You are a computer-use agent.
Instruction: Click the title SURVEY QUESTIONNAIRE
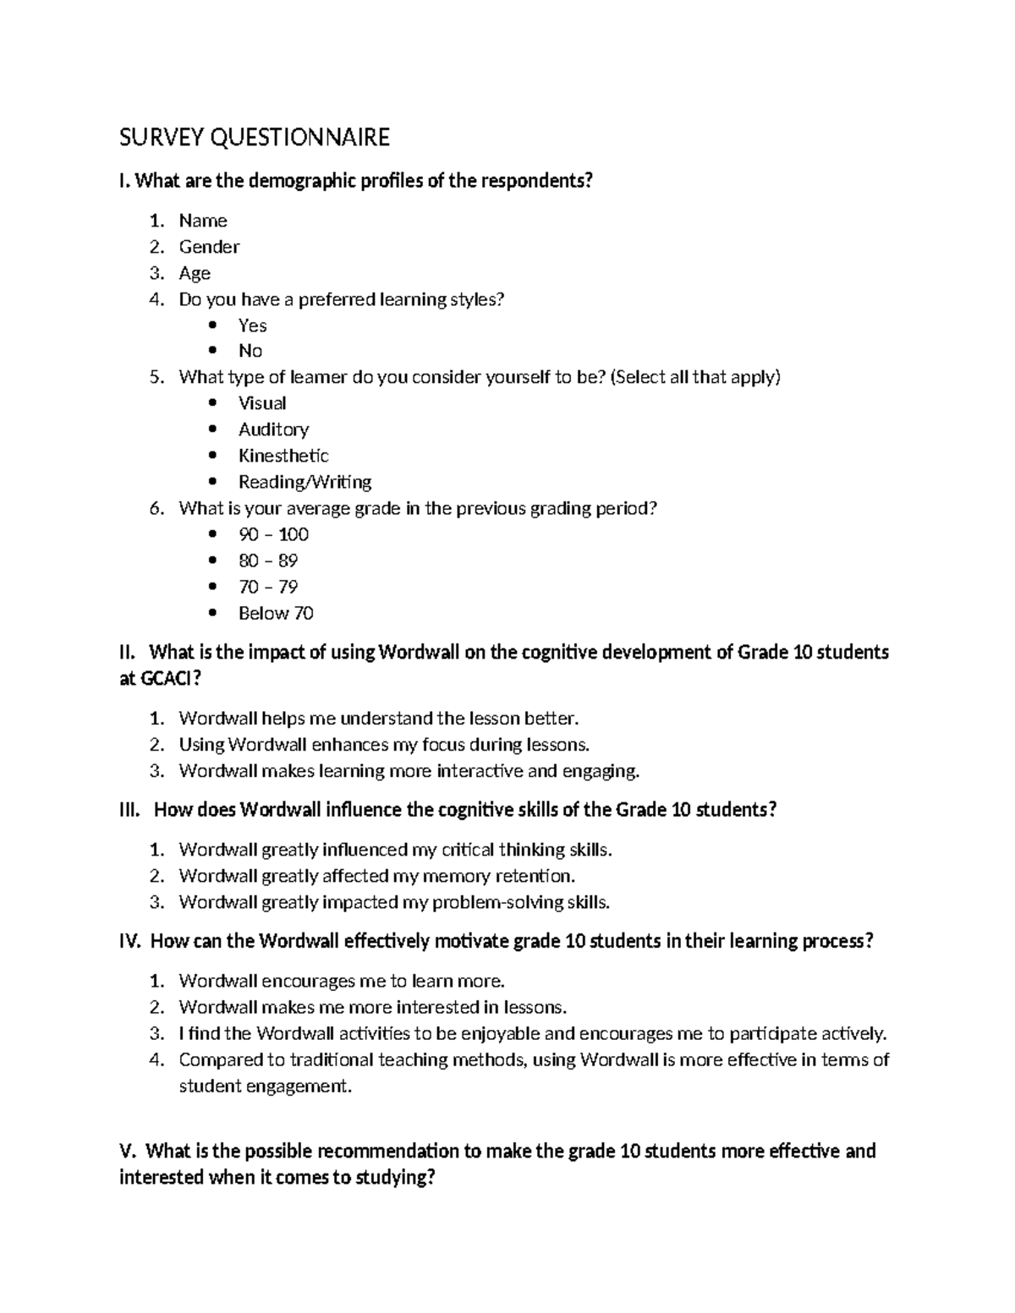tap(255, 137)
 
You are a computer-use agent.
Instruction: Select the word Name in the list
tap(203, 221)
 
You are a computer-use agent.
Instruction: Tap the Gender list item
tap(209, 247)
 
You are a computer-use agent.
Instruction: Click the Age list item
tap(195, 273)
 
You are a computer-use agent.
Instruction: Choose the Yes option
tap(252, 326)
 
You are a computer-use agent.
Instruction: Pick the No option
tap(250, 351)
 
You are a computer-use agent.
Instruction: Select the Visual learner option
tap(262, 403)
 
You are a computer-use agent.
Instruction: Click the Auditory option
tap(273, 429)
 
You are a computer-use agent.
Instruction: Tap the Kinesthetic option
tap(283, 456)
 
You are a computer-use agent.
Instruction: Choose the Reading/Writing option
tap(304, 482)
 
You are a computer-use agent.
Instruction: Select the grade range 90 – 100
tap(273, 534)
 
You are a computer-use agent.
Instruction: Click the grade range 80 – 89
tap(268, 561)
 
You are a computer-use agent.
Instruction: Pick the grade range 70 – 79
tap(268, 587)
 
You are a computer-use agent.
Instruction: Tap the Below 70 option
tap(276, 613)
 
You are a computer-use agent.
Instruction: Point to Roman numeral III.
tap(129, 810)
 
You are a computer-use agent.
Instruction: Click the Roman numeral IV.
tap(130, 941)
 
